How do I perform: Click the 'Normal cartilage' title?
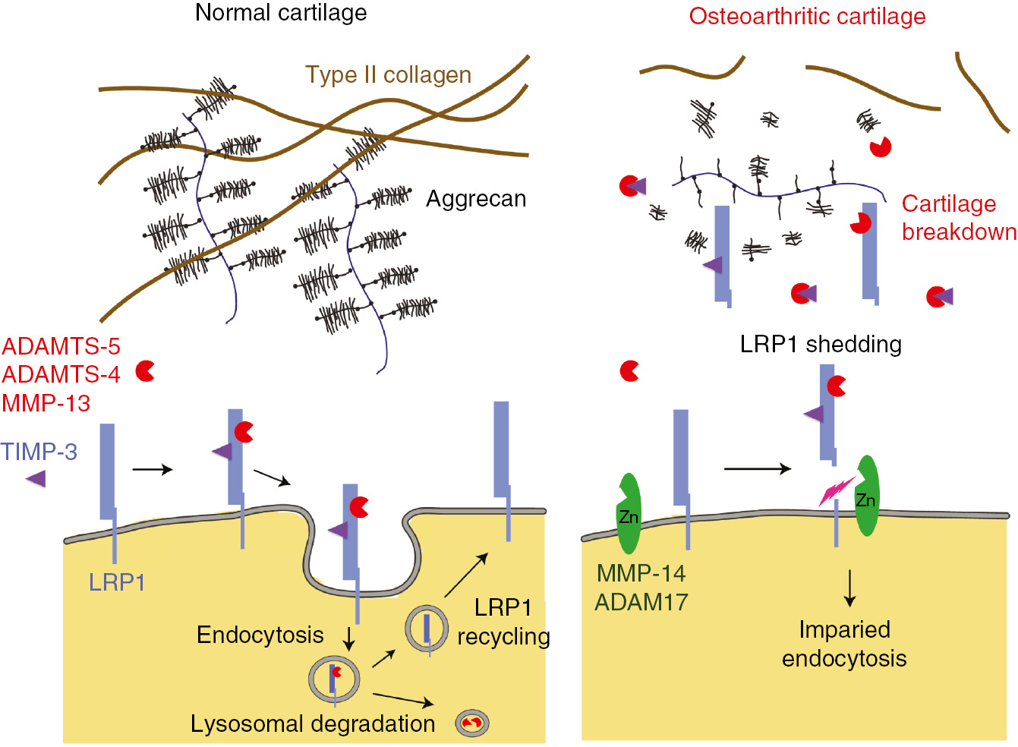(281, 13)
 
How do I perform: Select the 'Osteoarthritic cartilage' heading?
(807, 16)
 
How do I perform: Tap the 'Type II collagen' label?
(388, 74)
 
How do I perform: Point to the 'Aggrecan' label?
(476, 199)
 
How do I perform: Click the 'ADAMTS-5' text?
(61, 346)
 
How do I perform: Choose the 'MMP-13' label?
(46, 403)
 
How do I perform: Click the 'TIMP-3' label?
(39, 452)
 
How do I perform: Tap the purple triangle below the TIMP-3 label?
(36, 478)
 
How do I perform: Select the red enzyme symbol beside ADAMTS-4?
(145, 371)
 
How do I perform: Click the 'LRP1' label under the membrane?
(117, 582)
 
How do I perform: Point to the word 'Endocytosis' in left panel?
(260, 635)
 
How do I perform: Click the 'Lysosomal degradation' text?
(313, 723)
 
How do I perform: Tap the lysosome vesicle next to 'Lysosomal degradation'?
(472, 723)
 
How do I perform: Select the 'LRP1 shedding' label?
(821, 345)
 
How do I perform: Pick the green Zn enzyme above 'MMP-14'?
(629, 514)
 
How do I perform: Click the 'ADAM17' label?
(641, 602)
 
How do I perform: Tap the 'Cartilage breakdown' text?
(959, 218)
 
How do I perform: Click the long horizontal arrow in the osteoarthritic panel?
(757, 469)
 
